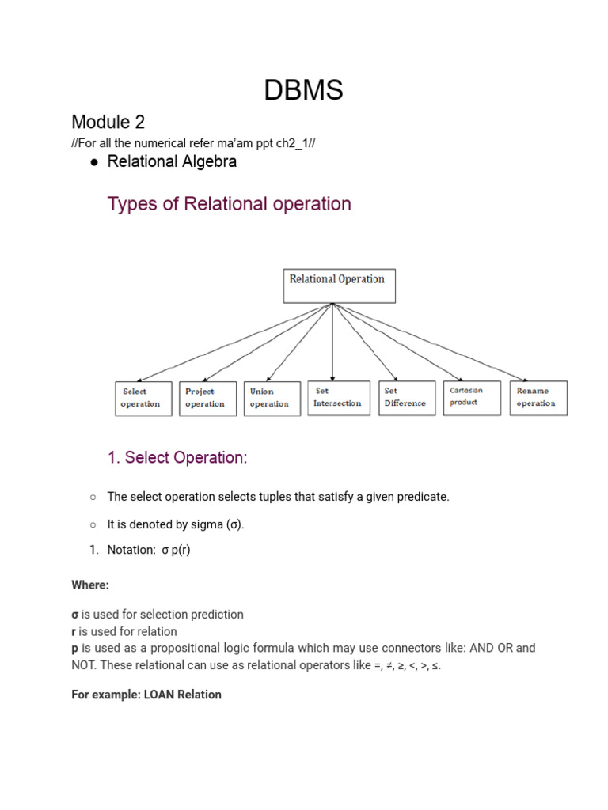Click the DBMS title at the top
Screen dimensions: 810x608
click(303, 90)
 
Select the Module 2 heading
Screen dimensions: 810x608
click(108, 122)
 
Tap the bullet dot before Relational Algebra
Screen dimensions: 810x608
click(94, 162)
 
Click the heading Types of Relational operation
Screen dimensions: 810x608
click(229, 204)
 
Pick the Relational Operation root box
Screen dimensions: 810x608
click(339, 286)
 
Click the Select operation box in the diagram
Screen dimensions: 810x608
click(143, 398)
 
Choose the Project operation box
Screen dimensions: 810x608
click(207, 398)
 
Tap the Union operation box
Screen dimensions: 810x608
click(272, 398)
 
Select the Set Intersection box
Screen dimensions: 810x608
click(338, 397)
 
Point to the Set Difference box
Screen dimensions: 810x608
click(406, 397)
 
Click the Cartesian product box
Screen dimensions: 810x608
click(472, 397)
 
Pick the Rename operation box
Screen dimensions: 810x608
click(538, 397)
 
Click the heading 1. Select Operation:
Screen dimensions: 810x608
click(177, 458)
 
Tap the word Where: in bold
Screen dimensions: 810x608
click(90, 585)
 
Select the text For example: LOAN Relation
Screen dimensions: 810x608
click(146, 695)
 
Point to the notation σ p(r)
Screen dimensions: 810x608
click(176, 550)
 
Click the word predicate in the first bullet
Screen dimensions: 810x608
click(425, 497)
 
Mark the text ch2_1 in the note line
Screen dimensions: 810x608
click(293, 142)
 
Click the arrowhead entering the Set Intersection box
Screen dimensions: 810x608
click(333, 377)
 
